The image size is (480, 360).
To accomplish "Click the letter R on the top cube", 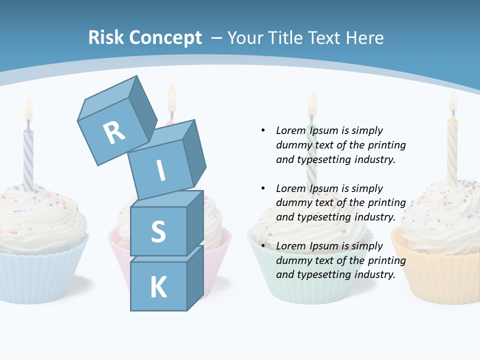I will click(x=114, y=133).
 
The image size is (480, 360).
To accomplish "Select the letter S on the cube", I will click(x=158, y=231).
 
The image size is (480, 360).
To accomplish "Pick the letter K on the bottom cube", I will click(x=158, y=288).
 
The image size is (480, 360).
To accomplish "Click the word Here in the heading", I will click(x=365, y=37).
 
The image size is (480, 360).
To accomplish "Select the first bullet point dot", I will click(x=263, y=130).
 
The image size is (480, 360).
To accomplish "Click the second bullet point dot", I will click(x=263, y=188).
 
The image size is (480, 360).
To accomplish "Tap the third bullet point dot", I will click(x=263, y=246).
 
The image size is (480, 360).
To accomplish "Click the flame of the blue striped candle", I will click(x=28, y=110).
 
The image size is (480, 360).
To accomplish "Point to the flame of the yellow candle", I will click(x=453, y=102).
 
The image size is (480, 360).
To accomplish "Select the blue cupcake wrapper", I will click(x=40, y=275).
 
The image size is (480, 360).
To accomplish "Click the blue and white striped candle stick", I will click(x=28, y=157).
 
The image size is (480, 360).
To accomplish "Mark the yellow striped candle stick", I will click(x=452, y=150).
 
